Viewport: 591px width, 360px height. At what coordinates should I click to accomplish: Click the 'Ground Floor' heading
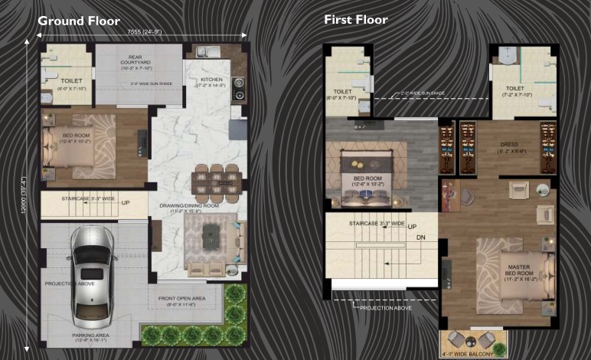(x=78, y=21)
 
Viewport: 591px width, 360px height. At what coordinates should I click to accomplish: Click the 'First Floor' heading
(x=355, y=19)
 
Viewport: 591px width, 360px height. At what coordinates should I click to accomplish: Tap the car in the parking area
(x=93, y=274)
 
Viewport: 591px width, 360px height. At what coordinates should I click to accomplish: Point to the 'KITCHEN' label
(x=211, y=79)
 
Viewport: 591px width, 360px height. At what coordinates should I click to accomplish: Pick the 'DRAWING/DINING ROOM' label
(x=189, y=206)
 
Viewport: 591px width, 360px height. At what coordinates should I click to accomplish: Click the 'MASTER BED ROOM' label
(x=514, y=268)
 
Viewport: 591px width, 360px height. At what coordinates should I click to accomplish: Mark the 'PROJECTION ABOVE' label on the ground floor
(x=68, y=283)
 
